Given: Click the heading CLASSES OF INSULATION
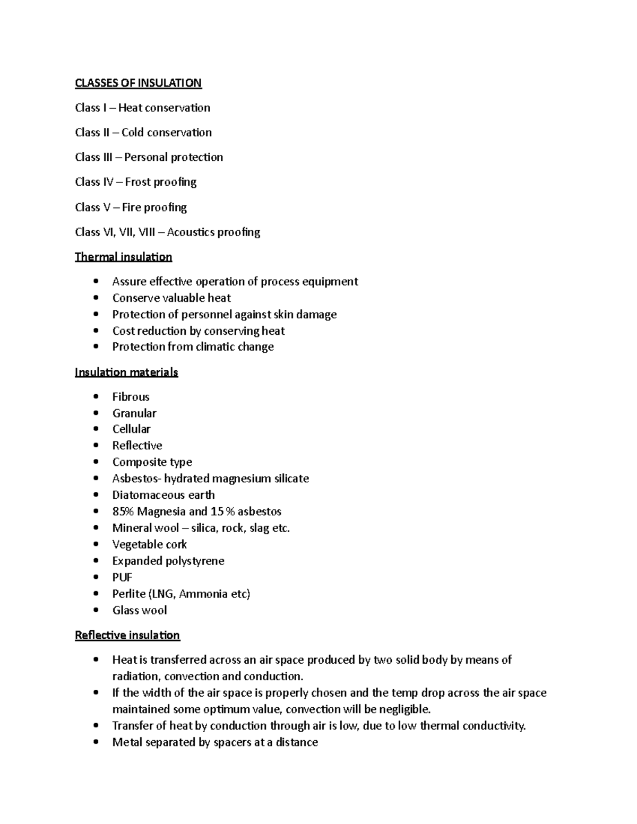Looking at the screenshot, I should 138,83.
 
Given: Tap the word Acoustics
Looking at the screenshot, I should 191,232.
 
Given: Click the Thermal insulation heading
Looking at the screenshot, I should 123,257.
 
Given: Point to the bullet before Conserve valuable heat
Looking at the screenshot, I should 96,298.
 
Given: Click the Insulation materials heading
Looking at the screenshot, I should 126,372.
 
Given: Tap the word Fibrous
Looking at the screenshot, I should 131,397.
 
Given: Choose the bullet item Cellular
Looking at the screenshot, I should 131,429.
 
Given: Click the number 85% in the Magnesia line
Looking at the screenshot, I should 123,511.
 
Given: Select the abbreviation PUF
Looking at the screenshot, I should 122,577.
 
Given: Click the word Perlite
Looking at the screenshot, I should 128,594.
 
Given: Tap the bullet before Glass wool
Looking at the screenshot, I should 96,610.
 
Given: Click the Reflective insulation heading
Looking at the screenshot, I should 127,635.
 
